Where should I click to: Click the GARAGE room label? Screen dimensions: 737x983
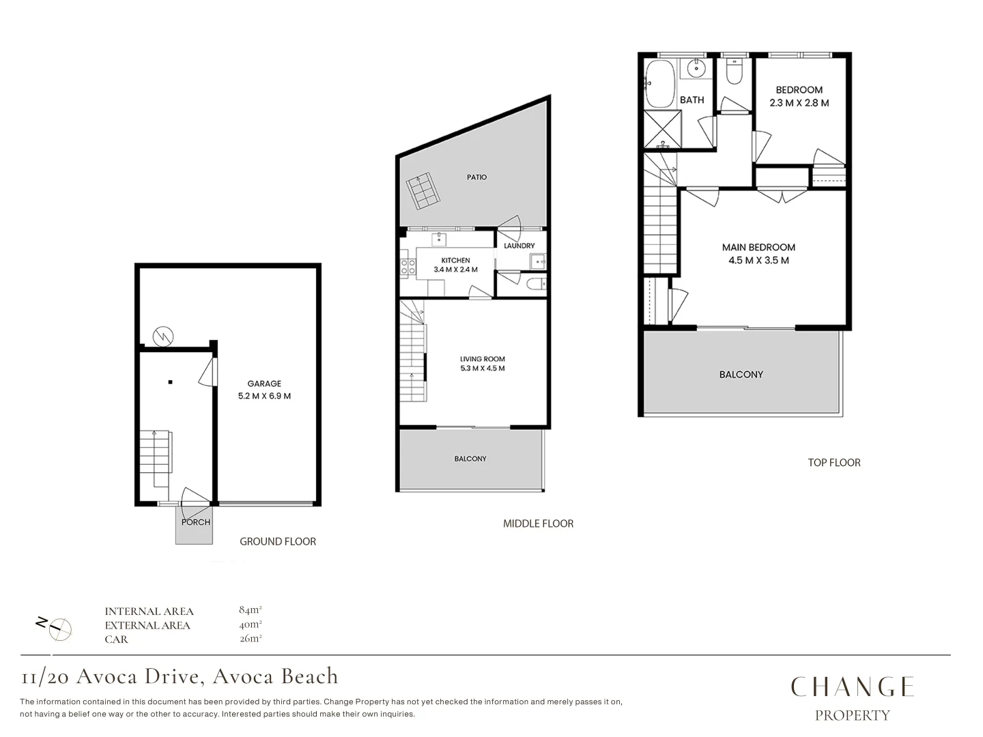(x=264, y=384)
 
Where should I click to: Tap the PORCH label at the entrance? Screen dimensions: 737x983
(x=196, y=522)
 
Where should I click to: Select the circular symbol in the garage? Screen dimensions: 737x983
(x=163, y=336)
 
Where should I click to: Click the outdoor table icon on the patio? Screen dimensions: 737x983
(x=423, y=191)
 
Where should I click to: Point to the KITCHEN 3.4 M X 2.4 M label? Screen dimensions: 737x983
(x=455, y=265)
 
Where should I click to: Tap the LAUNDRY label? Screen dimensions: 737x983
(x=519, y=246)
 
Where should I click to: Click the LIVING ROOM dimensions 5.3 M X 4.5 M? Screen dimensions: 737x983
(x=482, y=369)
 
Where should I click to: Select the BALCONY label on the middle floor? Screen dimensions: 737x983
(x=470, y=459)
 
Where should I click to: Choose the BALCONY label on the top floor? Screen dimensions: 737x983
(x=741, y=375)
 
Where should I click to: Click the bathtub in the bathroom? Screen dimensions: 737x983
(x=659, y=84)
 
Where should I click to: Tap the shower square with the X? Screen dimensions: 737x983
(x=662, y=128)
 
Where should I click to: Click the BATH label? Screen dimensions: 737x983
(x=692, y=100)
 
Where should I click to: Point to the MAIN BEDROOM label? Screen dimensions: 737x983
(x=758, y=247)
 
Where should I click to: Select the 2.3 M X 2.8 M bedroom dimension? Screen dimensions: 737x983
(x=799, y=103)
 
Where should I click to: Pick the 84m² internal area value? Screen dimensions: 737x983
(x=251, y=609)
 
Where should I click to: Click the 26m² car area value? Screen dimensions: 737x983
(x=251, y=639)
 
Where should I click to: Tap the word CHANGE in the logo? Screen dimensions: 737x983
(x=852, y=687)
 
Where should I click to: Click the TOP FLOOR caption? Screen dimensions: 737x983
(x=834, y=463)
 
